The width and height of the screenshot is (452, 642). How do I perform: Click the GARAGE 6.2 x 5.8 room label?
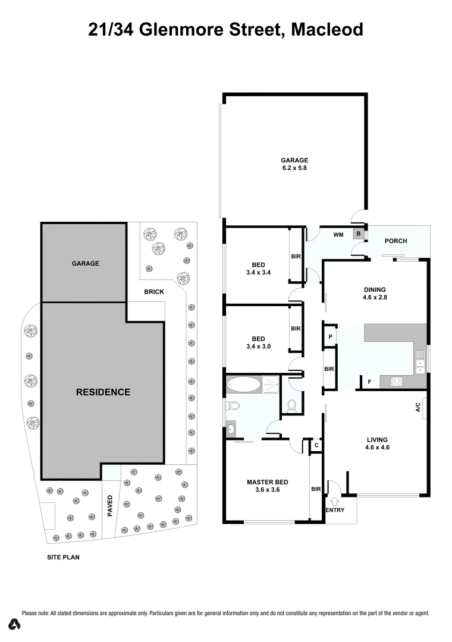[x=294, y=163]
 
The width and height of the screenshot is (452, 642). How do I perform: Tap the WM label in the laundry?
[x=337, y=235]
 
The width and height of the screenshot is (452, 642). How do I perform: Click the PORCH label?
[x=396, y=241]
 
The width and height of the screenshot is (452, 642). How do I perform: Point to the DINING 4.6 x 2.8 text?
[x=375, y=294]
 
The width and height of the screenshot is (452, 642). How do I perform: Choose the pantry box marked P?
[x=330, y=336]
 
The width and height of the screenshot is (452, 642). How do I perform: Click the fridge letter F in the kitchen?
[x=369, y=382]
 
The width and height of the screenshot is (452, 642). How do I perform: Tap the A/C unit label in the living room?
[x=418, y=408]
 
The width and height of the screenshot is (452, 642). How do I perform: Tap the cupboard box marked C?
[x=316, y=445]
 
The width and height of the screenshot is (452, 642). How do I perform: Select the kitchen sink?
[x=420, y=363]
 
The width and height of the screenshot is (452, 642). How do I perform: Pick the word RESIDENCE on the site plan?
[x=103, y=392]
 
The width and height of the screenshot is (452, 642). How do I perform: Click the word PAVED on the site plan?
[x=110, y=506]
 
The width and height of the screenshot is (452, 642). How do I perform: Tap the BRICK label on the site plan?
[x=153, y=292]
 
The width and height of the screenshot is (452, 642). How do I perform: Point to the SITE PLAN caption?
[x=63, y=558]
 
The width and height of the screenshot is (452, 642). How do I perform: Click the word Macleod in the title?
[x=327, y=29]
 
